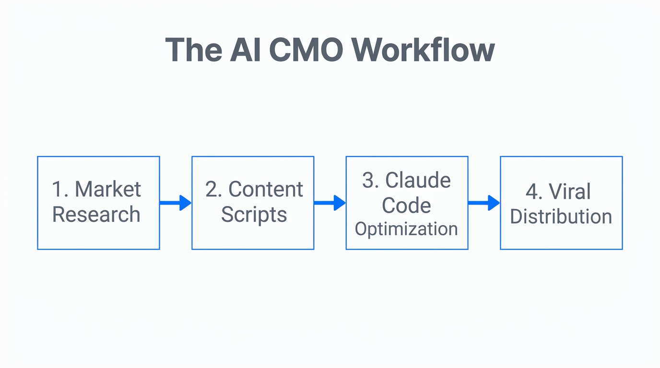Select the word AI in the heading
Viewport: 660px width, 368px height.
(x=246, y=50)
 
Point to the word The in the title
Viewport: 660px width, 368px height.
(x=193, y=50)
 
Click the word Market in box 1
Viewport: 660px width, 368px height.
(x=108, y=190)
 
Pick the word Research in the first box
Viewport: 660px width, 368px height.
(x=96, y=215)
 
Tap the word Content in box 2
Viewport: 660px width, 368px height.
(x=266, y=190)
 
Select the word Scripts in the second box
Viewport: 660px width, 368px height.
(x=254, y=215)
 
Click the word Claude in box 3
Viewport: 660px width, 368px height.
(x=418, y=181)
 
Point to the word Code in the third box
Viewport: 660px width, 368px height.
(x=406, y=206)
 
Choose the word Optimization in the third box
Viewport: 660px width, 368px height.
(x=406, y=229)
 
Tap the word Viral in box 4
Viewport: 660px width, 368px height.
(x=570, y=192)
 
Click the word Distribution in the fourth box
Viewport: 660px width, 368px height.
(x=561, y=217)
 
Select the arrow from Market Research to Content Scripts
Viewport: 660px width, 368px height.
(x=176, y=203)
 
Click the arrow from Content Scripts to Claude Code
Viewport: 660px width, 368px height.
(x=330, y=203)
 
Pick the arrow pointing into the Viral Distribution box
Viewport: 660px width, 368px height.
(x=484, y=203)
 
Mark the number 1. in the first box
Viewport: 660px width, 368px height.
(x=60, y=190)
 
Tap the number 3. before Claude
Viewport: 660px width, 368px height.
(x=371, y=181)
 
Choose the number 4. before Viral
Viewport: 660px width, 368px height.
(x=534, y=192)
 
